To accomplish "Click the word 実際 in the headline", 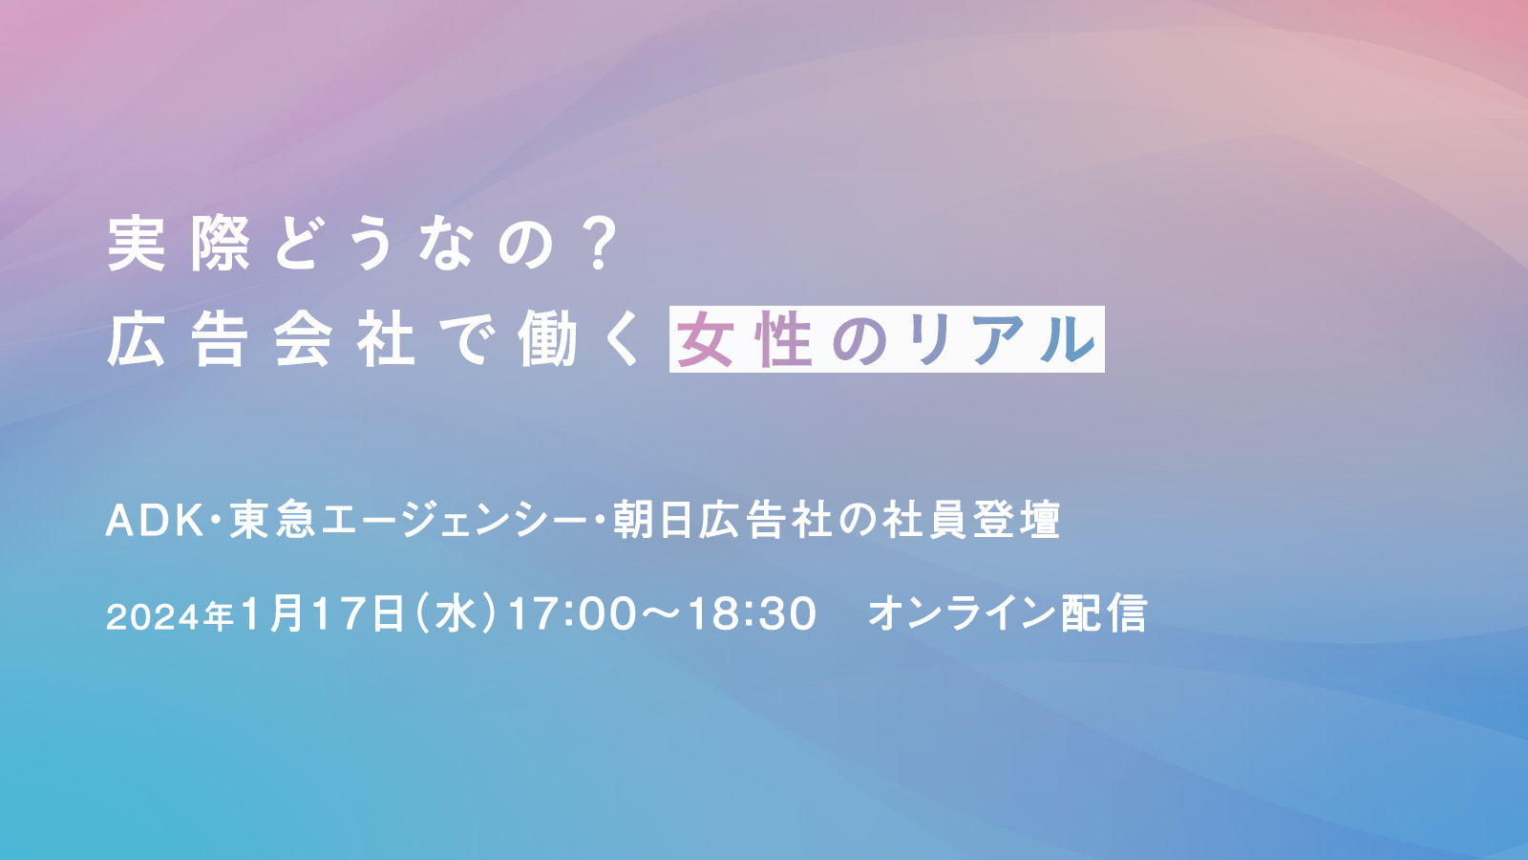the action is point(179,244).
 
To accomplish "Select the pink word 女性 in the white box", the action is point(744,339).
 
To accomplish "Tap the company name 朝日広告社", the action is point(722,520).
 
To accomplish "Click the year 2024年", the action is point(170,616).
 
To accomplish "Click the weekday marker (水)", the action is point(455,613).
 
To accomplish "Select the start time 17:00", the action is point(572,613).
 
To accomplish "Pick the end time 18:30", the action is point(752,613).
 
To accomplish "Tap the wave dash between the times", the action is point(661,613).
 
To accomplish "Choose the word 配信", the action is point(1104,613).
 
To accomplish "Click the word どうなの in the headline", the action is point(414,244).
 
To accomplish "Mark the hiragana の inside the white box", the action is point(859,340).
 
